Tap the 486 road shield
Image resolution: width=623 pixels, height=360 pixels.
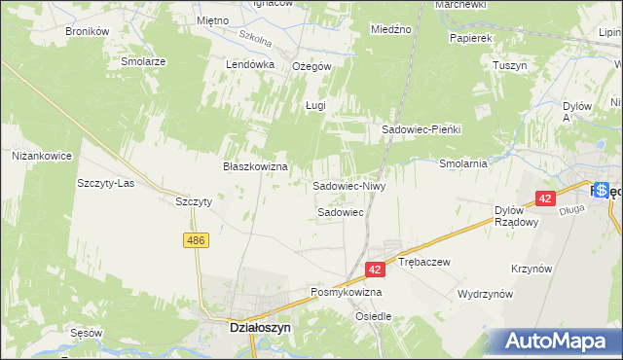pyautogui.click(x=197, y=239)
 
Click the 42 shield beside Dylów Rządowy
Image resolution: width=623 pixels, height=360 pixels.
pyautogui.click(x=544, y=198)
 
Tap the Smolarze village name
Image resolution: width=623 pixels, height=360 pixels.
pyautogui.click(x=143, y=60)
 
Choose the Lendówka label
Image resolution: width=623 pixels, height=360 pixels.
pyautogui.click(x=251, y=64)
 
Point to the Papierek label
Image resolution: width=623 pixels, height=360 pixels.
pyautogui.click(x=471, y=38)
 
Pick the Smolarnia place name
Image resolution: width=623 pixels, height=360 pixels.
pyautogui.click(x=462, y=163)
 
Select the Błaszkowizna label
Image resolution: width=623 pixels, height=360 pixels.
pyautogui.click(x=256, y=166)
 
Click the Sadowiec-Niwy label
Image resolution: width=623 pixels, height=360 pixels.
pyautogui.click(x=349, y=185)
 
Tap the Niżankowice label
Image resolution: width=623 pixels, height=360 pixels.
pyautogui.click(x=42, y=155)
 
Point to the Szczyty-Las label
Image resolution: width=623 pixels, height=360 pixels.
pyautogui.click(x=105, y=183)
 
